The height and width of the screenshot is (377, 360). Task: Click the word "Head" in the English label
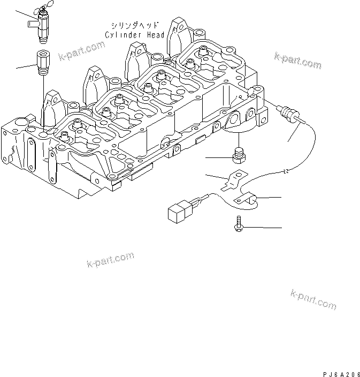155,35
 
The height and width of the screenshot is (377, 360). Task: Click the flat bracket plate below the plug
233,179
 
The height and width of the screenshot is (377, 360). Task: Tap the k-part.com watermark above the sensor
297,61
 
